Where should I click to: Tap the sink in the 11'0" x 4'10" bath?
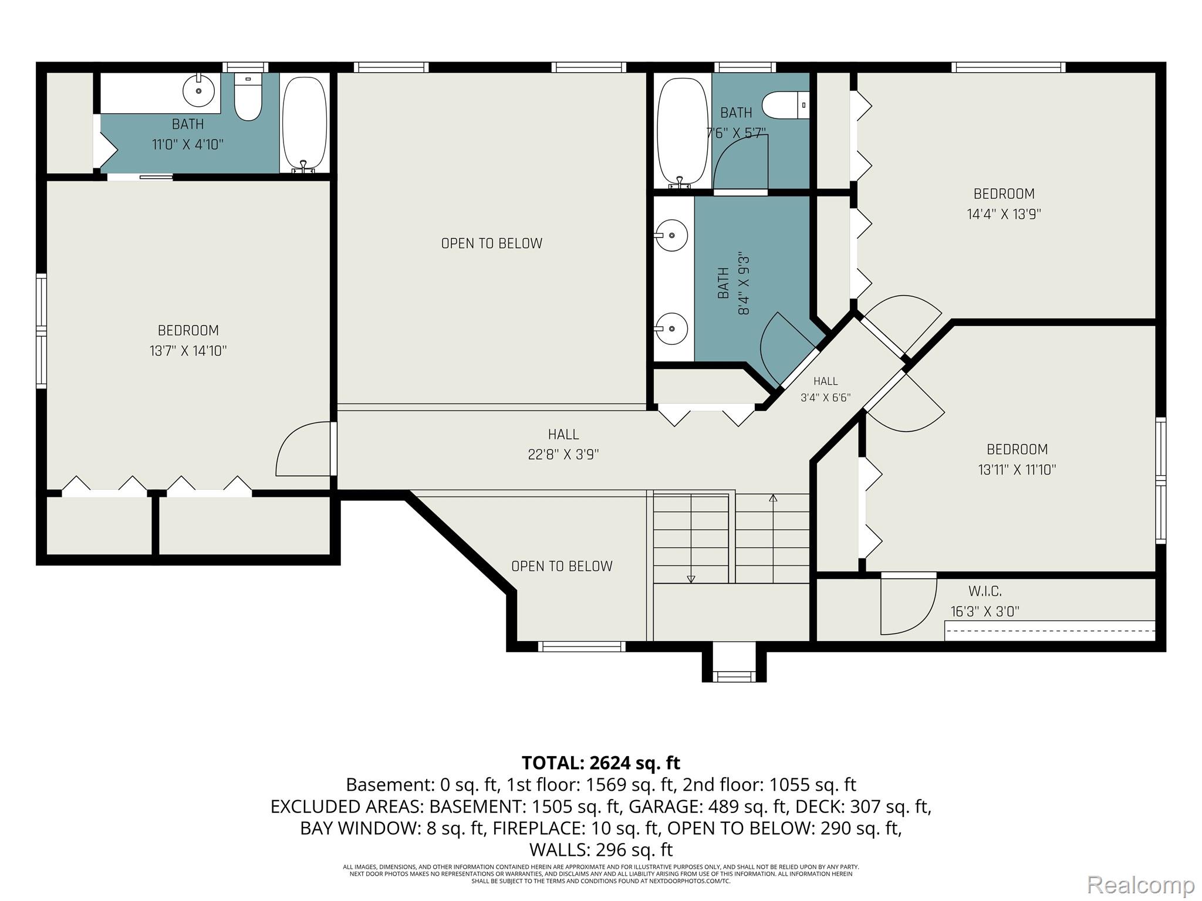pyautogui.click(x=199, y=91)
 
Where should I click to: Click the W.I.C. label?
pyautogui.click(x=985, y=591)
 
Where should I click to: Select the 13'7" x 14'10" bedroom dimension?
pyautogui.click(x=188, y=351)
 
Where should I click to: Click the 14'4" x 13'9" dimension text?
pyautogui.click(x=1004, y=214)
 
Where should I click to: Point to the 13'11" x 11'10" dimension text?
pyautogui.click(x=1017, y=470)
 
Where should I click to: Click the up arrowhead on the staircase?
pyautogui.click(x=773, y=499)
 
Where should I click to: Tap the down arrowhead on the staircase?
pyautogui.click(x=691, y=579)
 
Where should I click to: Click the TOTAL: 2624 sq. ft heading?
pyautogui.click(x=601, y=763)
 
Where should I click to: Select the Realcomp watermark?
pyautogui.click(x=1140, y=885)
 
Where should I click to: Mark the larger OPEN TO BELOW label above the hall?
pyautogui.click(x=492, y=243)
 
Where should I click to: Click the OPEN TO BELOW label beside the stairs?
pyautogui.click(x=562, y=566)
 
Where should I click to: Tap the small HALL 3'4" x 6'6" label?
pyautogui.click(x=826, y=389)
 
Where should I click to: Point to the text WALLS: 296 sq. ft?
pyautogui.click(x=601, y=849)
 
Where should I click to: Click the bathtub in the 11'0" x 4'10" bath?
pyautogui.click(x=304, y=124)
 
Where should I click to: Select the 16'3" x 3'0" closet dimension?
pyautogui.click(x=985, y=611)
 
